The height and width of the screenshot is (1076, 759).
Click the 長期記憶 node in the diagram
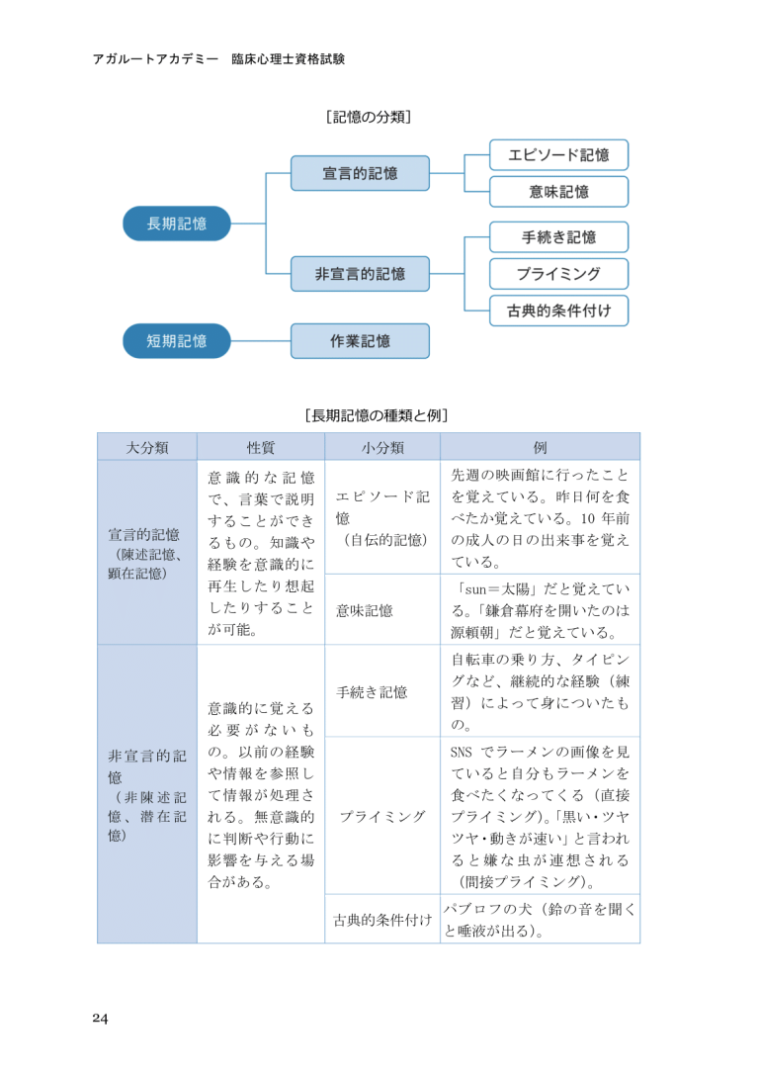point(177,224)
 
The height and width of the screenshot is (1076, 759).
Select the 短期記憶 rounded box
point(177,341)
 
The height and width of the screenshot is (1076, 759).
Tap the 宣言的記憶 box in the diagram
point(360,173)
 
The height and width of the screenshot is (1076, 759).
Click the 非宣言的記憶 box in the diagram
point(360,274)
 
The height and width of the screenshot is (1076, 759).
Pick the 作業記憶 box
point(360,341)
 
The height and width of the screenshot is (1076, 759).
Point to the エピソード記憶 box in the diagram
point(558,155)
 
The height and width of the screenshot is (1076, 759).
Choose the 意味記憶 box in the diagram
point(558,192)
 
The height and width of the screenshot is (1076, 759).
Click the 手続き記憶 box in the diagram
point(558,237)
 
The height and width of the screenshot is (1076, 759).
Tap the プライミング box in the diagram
point(558,274)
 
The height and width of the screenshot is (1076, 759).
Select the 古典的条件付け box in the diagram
point(558,311)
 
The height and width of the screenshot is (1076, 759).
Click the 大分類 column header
point(147,447)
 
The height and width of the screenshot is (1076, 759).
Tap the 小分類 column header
point(382,447)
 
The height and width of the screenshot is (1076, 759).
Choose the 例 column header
point(540,447)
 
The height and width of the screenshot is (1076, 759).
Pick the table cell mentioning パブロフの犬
point(540,920)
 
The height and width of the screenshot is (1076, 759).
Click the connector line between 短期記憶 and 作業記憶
point(261,341)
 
